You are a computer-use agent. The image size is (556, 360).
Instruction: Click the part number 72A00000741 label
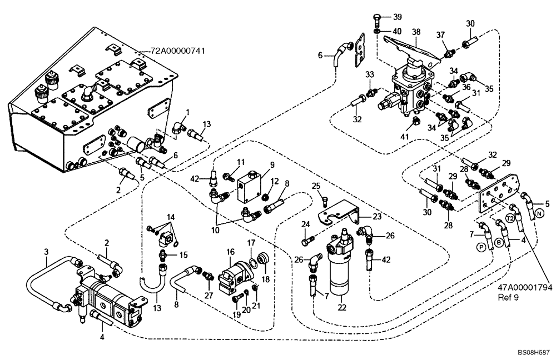coord(178,51)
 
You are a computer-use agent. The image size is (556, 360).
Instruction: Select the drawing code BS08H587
coord(533,352)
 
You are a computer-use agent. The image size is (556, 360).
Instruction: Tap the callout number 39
coord(398,17)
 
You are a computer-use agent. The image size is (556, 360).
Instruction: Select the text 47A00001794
coord(525,288)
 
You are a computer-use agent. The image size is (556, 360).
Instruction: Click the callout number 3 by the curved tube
coord(47,251)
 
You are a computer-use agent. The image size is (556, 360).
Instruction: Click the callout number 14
coord(170,216)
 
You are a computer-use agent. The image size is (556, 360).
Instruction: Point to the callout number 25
coord(315,185)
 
